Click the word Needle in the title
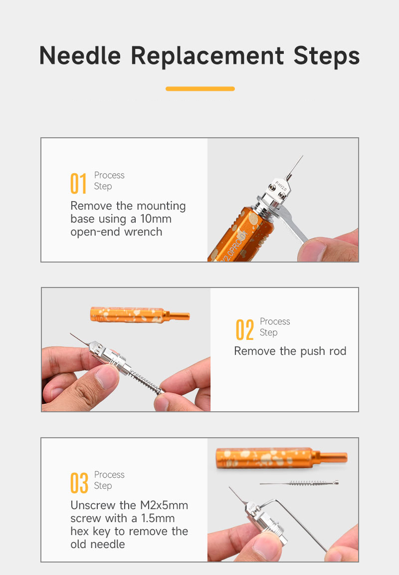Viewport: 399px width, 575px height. pyautogui.click(x=80, y=55)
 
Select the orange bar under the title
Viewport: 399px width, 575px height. pyautogui.click(x=200, y=89)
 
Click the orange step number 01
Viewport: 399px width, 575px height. pyautogui.click(x=78, y=183)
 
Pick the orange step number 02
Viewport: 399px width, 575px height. pyautogui.click(x=244, y=329)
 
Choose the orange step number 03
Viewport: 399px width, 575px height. pyautogui.click(x=79, y=483)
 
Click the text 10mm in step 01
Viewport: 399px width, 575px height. pyautogui.click(x=156, y=219)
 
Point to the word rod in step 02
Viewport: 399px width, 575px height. pyautogui.click(x=338, y=351)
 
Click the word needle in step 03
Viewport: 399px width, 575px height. pyautogui.click(x=107, y=544)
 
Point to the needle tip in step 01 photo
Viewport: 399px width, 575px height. pyautogui.click(x=303, y=156)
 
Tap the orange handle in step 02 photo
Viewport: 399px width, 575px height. pyautogui.click(x=140, y=315)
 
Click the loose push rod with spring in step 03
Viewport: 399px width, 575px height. pyautogui.click(x=299, y=483)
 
